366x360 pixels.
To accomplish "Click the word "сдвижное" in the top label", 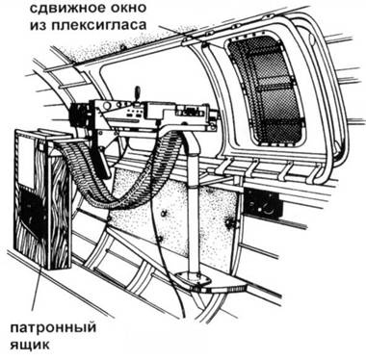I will (x=144, y=12).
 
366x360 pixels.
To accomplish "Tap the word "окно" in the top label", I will (x=209, y=12).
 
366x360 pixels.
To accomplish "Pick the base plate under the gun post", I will (x=207, y=281).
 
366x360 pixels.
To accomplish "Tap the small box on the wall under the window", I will (x=257, y=202).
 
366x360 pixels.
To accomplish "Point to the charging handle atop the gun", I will (x=137, y=94).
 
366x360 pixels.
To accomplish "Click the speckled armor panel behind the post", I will (x=154, y=226).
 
